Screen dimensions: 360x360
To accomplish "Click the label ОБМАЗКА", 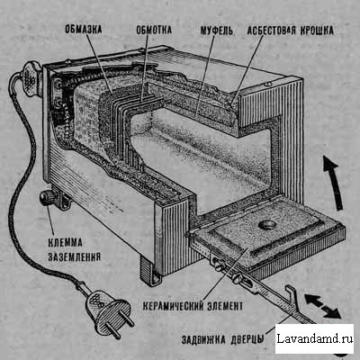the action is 84,30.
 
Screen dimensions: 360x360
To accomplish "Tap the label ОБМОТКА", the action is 154,30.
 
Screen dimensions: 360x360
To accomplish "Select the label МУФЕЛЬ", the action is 217,31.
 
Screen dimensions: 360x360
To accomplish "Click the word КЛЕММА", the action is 65,243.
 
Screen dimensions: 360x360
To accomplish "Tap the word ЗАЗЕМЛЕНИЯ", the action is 74,257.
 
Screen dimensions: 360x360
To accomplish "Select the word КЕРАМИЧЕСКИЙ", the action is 173,306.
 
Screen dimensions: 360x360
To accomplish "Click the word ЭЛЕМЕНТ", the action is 224,306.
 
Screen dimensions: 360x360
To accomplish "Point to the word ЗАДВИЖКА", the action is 203,340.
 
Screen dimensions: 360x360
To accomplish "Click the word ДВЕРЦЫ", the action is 247,340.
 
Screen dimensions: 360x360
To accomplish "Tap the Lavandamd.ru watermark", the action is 314,338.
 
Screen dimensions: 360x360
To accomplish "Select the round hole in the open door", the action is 267,224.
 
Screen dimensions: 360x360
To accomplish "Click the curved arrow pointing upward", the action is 334,184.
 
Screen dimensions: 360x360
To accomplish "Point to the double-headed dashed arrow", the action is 322,306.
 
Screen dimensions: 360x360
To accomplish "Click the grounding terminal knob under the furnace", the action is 48,198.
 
